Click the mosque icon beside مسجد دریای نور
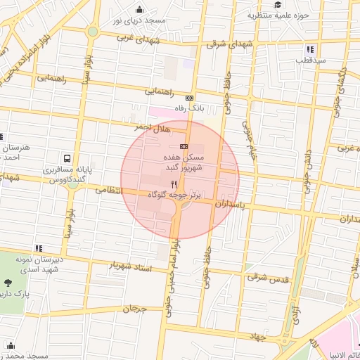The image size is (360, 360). point(141,10)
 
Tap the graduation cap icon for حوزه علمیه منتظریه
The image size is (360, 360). point(278,5)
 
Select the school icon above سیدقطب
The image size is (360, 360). point(310,49)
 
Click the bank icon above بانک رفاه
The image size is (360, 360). point(190,98)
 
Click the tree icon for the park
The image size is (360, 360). point(8,283)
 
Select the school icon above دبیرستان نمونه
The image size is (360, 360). point(39,247)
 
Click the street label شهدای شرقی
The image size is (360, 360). point(226,44)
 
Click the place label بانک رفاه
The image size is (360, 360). point(190,109)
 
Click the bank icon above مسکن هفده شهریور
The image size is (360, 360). point(184,146)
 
